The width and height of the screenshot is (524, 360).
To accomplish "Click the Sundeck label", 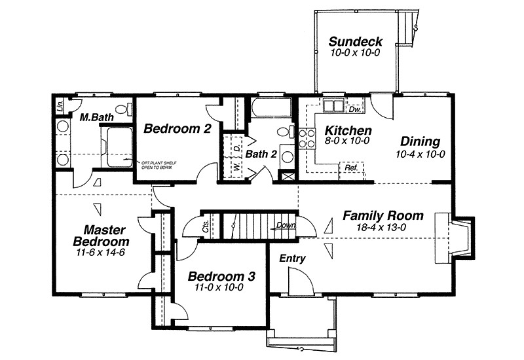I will tap(356, 42).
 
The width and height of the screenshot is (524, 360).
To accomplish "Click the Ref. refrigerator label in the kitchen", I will tap(350, 168).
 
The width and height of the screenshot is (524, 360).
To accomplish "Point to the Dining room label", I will tap(420, 141).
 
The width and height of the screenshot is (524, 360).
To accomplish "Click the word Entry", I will tap(292, 259).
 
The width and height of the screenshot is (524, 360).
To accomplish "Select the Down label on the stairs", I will tap(286, 225).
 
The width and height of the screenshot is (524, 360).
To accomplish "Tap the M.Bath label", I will tap(94, 118).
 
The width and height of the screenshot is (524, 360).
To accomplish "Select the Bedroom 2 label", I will tap(177, 128).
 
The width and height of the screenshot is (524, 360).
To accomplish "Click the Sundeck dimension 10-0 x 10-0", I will tap(356, 53).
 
